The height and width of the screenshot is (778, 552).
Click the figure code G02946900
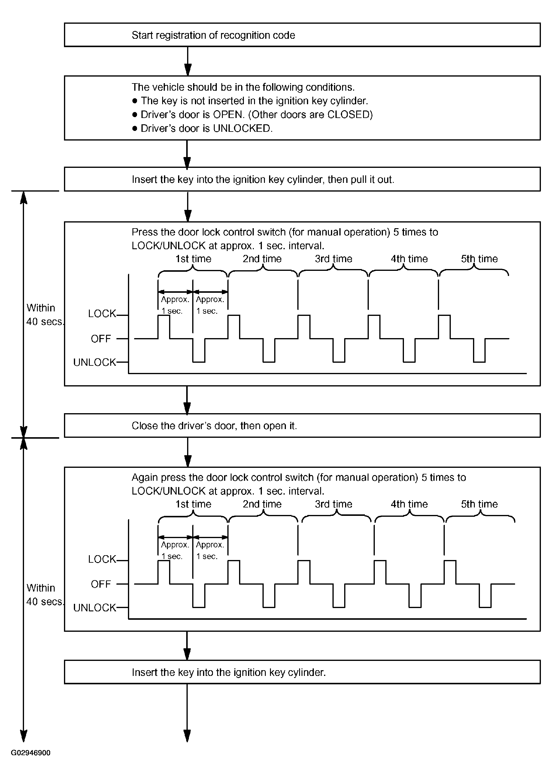[x=31, y=752]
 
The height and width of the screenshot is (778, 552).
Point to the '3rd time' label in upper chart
[x=333, y=259]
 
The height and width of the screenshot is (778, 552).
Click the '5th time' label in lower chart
[x=479, y=504]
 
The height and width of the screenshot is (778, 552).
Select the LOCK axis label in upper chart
[x=102, y=313]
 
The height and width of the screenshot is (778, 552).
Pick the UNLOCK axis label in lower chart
[x=95, y=608]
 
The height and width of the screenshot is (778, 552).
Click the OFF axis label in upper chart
[x=101, y=339]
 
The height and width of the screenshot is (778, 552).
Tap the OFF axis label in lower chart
[x=101, y=584]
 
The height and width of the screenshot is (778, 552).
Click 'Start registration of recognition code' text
[x=213, y=35]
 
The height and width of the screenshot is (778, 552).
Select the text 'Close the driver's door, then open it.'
[x=214, y=426]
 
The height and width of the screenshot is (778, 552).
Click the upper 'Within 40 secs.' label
[x=44, y=315]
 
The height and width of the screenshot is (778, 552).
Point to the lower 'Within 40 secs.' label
[x=44, y=595]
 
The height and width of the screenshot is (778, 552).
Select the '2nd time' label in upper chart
[x=262, y=259]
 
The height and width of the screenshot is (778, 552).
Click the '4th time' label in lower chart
[x=409, y=504]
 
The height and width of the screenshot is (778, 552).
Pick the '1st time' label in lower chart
[x=193, y=504]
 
